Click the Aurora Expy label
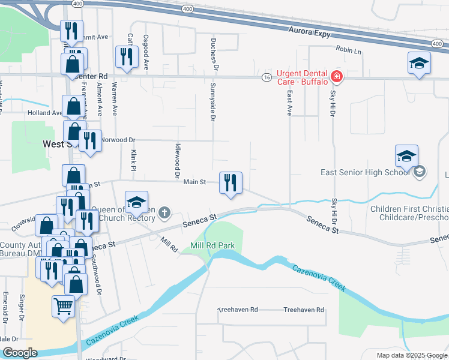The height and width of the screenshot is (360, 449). pyautogui.click(x=309, y=31)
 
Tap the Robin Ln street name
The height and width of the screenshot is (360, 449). pyautogui.click(x=349, y=50)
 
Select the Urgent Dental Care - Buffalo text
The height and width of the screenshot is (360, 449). pyautogui.click(x=302, y=77)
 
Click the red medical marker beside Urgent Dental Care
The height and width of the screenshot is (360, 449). pyautogui.click(x=337, y=77)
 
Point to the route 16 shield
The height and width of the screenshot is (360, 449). pyautogui.click(x=267, y=77)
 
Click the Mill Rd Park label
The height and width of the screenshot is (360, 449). pyautogui.click(x=212, y=246)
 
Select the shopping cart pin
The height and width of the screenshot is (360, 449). pyautogui.click(x=63, y=306)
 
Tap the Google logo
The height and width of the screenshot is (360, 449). pyautogui.click(x=20, y=353)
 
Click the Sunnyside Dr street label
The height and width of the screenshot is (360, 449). pyautogui.click(x=212, y=101)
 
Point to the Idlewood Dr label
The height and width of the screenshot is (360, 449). pyautogui.click(x=177, y=161)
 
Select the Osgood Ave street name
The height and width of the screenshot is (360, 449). pyautogui.click(x=145, y=52)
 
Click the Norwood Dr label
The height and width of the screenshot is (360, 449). pyautogui.click(x=118, y=140)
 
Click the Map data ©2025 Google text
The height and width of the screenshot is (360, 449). pyautogui.click(x=411, y=355)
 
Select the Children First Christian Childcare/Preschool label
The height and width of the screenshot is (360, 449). pyautogui.click(x=409, y=213)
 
